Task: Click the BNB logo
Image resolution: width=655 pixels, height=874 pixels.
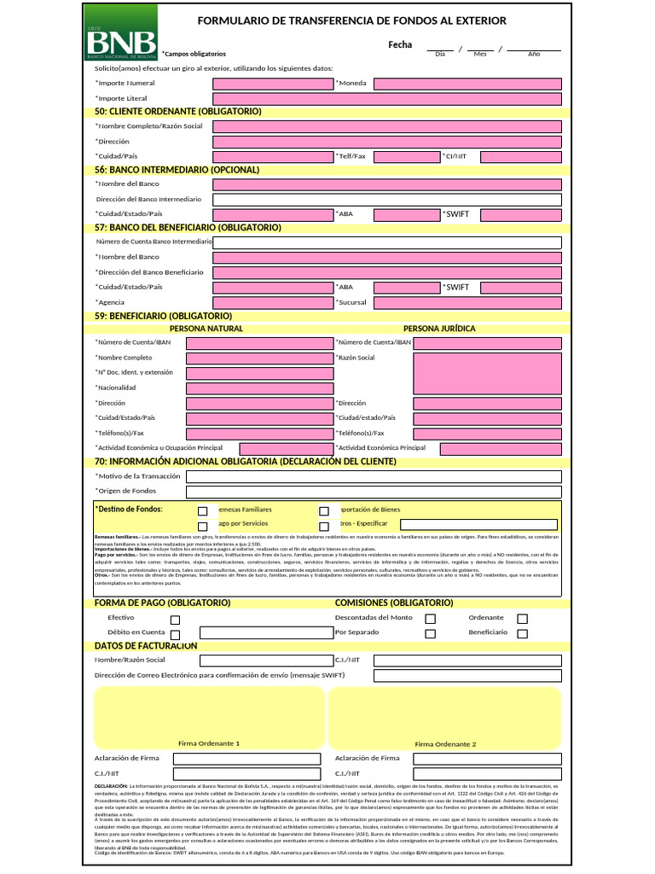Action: pos(120,32)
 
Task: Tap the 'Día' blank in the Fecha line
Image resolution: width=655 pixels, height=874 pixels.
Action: pos(440,48)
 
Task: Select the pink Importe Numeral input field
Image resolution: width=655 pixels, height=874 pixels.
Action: pos(272,84)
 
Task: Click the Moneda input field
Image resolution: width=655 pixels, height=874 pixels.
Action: pos(467,84)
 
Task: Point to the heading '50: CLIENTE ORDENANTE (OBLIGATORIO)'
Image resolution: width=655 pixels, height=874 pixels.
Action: pos(178,112)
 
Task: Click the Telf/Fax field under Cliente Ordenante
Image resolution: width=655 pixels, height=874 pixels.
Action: pos(406,156)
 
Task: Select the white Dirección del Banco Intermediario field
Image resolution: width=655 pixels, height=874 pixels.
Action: pos(386,199)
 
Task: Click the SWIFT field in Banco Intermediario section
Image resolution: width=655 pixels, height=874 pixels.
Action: pos(520,213)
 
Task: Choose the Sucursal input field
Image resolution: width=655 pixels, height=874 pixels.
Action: pos(467,302)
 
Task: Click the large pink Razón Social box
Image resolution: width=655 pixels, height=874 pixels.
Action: pos(487,373)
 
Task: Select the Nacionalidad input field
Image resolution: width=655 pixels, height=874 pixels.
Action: pos(259,388)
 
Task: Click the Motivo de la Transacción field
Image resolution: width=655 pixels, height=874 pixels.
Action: pos(374,476)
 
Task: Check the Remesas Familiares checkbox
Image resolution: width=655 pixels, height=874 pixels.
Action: pos(203,510)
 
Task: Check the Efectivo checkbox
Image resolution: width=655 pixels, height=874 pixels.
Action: pos(176,620)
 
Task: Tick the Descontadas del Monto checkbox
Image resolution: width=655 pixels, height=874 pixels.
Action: pos(431,619)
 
